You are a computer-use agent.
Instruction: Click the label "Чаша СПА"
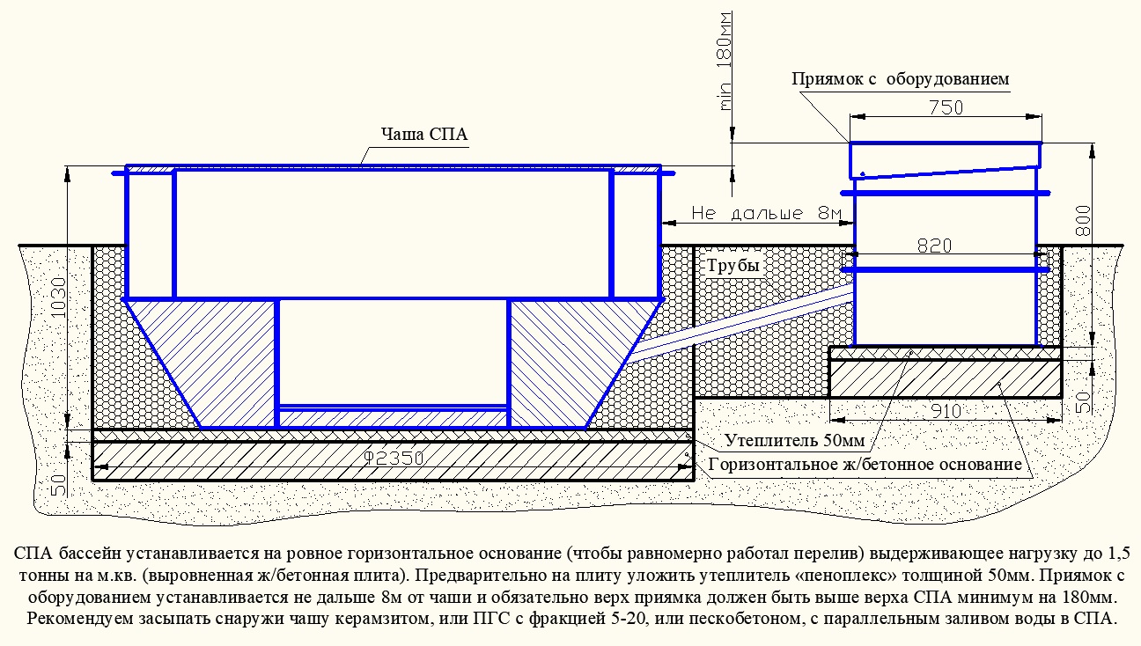(x=424, y=134)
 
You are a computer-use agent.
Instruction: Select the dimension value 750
(x=946, y=107)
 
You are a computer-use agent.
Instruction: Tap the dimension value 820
(x=934, y=246)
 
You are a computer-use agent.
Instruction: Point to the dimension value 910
(x=946, y=411)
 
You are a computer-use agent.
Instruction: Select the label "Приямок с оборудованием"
(x=900, y=79)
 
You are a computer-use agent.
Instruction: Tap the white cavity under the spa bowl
(x=393, y=351)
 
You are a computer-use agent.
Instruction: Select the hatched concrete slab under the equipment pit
(x=945, y=378)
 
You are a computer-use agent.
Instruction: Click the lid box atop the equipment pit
(x=945, y=160)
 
